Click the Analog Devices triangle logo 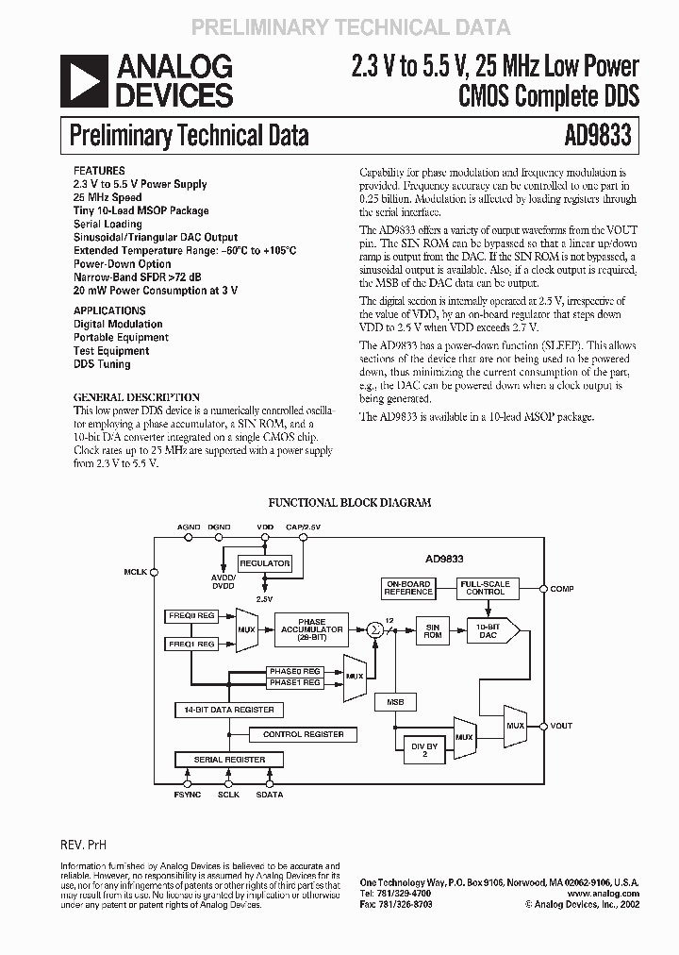86,80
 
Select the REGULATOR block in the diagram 264,563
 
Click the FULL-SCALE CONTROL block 485,588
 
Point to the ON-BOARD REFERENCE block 408,588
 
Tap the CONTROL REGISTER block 296,733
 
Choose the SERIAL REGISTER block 229,760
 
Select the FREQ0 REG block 192,614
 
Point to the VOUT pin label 561,726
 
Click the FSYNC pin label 189,796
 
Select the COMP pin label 562,588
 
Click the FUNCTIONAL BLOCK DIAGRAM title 350,503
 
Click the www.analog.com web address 604,893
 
